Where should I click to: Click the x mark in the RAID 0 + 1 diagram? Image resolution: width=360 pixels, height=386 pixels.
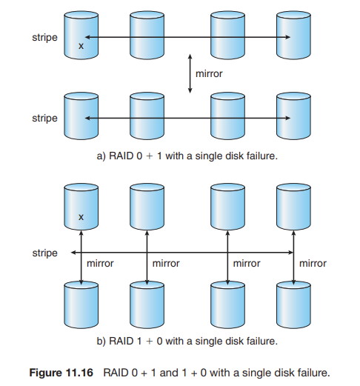pyautogui.click(x=81, y=46)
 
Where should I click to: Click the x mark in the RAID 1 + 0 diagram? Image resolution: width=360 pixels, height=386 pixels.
pyautogui.click(x=81, y=217)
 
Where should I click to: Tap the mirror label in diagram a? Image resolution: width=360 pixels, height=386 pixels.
pyautogui.click(x=209, y=73)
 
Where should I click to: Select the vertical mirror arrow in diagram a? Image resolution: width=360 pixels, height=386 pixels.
pyautogui.click(x=190, y=73)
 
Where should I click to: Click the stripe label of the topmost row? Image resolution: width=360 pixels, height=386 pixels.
pyautogui.click(x=44, y=38)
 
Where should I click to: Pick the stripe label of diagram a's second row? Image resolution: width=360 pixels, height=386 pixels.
pyautogui.click(x=44, y=118)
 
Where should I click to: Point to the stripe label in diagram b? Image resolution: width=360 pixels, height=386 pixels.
pyautogui.click(x=44, y=253)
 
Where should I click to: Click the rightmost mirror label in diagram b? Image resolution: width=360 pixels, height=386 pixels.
pyautogui.click(x=313, y=263)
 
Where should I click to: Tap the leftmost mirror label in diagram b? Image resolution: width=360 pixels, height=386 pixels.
pyautogui.click(x=100, y=263)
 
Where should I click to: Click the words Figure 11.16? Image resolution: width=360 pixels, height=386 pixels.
pyautogui.click(x=61, y=373)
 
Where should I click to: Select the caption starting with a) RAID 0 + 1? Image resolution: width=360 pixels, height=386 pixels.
pyautogui.click(x=187, y=156)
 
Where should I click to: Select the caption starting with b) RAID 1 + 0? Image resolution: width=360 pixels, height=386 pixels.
pyautogui.click(x=187, y=341)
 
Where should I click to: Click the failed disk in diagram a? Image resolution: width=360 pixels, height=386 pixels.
pyautogui.click(x=81, y=35)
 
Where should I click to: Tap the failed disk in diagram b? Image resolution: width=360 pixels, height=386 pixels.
pyautogui.click(x=81, y=207)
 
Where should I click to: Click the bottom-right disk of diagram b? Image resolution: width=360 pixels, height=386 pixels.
pyautogui.click(x=293, y=305)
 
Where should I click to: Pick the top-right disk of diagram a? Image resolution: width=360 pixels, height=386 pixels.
pyautogui.click(x=293, y=35)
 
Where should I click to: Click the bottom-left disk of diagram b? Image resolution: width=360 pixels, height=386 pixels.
pyautogui.click(x=81, y=305)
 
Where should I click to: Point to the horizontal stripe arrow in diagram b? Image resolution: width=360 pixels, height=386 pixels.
pyautogui.click(x=182, y=253)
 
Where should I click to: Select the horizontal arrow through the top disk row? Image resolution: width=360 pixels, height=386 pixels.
pyautogui.click(x=187, y=37)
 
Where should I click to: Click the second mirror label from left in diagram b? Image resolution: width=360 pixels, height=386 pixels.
pyautogui.click(x=166, y=263)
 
